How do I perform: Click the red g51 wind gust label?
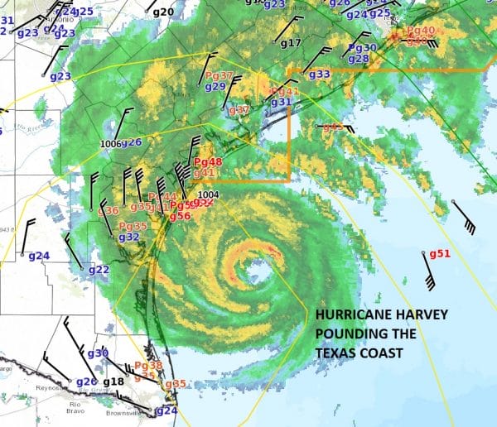click(x=439, y=254)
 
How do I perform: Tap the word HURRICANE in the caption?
click(x=351, y=314)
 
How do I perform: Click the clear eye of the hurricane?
click(x=258, y=271)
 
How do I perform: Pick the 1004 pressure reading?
click(x=208, y=194)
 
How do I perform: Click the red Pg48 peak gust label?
click(x=207, y=162)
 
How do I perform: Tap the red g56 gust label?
click(x=180, y=216)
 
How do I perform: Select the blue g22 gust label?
click(x=99, y=270)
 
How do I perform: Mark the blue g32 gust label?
click(x=128, y=237)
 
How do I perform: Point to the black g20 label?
click(x=164, y=12)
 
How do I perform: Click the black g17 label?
click(x=291, y=43)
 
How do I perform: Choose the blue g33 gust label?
click(x=320, y=74)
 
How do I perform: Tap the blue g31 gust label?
click(x=282, y=102)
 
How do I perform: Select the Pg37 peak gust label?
click(x=217, y=75)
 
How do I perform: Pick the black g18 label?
click(x=113, y=381)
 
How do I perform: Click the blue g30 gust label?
click(x=98, y=353)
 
